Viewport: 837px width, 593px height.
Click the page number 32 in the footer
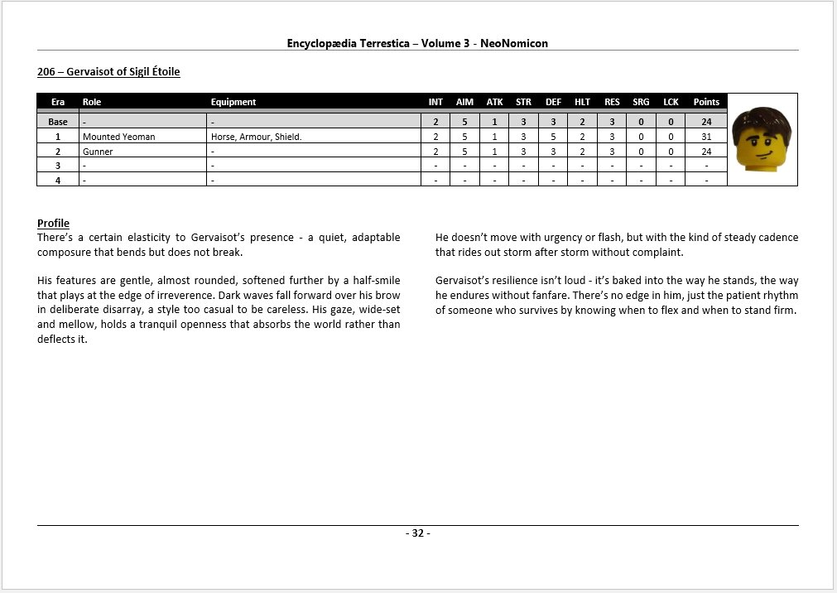pyautogui.click(x=418, y=533)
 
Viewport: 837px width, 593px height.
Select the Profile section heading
pyautogui.click(x=53, y=224)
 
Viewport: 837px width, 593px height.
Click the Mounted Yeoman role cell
pyautogui.click(x=118, y=137)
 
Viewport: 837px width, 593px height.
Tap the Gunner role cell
pyautogui.click(x=98, y=152)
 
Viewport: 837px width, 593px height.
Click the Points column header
pyautogui.click(x=706, y=102)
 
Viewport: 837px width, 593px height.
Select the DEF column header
pyautogui.click(x=553, y=102)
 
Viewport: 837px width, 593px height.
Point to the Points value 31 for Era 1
pyautogui.click(x=706, y=137)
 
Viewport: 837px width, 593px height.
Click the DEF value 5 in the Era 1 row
pyautogui.click(x=553, y=137)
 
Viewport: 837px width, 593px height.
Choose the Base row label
pyautogui.click(x=58, y=122)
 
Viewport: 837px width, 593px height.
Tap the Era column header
pyautogui.click(x=58, y=102)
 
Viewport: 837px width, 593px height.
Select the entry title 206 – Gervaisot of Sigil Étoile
pyautogui.click(x=108, y=72)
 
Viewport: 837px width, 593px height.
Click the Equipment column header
pyautogui.click(x=233, y=102)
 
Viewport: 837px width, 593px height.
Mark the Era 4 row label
pyautogui.click(x=58, y=179)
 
